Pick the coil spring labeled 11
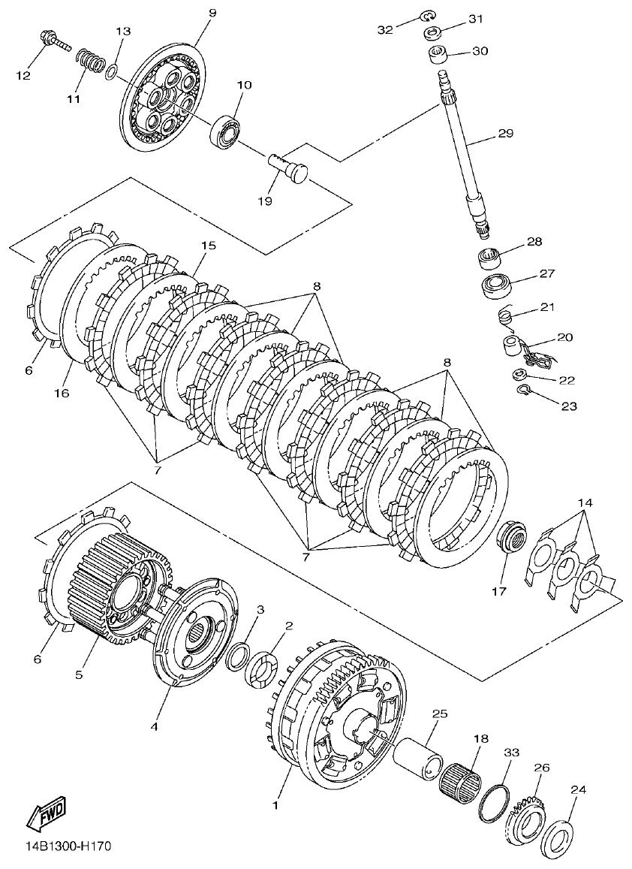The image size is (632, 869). coord(90,59)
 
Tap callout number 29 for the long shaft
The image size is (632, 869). coord(504,135)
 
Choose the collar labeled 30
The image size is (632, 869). coord(439,55)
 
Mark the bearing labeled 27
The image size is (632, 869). coord(495,286)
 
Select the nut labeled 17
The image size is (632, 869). coord(513,539)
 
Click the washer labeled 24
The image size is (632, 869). coord(558,831)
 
